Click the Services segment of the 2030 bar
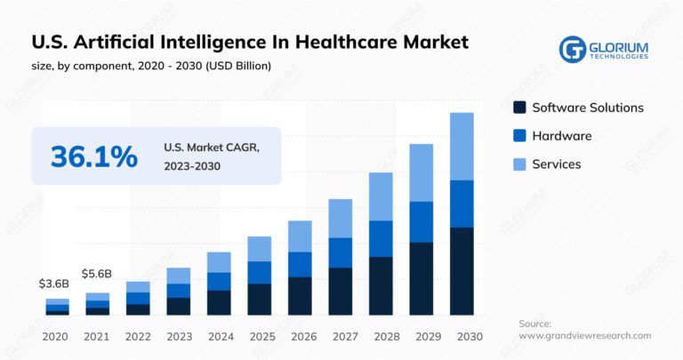click(x=461, y=147)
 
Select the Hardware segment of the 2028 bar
click(x=380, y=238)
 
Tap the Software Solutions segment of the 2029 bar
click(x=421, y=278)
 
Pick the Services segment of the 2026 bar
click(x=300, y=236)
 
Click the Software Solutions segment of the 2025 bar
click(x=259, y=300)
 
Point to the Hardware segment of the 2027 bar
click(x=340, y=252)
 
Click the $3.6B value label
click(x=54, y=284)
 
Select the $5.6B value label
click(x=97, y=274)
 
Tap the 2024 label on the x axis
click(x=219, y=336)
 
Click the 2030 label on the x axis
click(x=461, y=336)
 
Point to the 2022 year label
click(x=138, y=336)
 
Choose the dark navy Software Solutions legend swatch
click(x=518, y=108)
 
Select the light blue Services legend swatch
click(x=518, y=164)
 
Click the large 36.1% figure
click(x=93, y=156)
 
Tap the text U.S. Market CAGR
click(x=212, y=148)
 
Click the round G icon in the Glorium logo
click(x=572, y=49)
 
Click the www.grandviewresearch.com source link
click(x=585, y=336)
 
